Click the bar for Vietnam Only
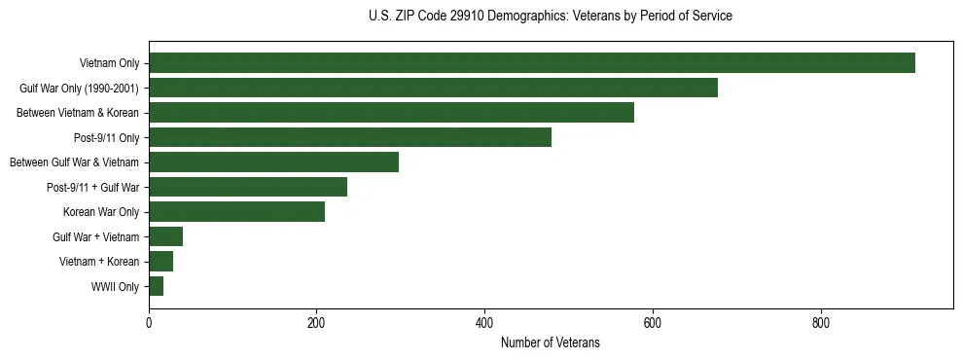click(x=531, y=63)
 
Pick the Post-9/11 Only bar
click(x=350, y=137)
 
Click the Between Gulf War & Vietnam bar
click(x=273, y=162)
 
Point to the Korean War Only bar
click(x=236, y=212)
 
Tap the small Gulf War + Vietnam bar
click(x=165, y=236)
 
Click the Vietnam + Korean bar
click(x=160, y=262)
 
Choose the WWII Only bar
click(x=156, y=286)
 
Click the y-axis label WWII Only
click(x=115, y=287)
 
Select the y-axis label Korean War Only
click(x=101, y=212)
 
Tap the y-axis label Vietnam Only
click(x=109, y=63)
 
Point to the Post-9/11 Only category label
click(x=106, y=138)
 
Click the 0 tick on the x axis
click(x=149, y=323)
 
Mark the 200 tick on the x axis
click(x=316, y=323)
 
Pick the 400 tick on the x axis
click(x=484, y=323)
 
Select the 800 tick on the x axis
click(x=820, y=323)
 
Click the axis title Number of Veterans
click(x=550, y=342)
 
